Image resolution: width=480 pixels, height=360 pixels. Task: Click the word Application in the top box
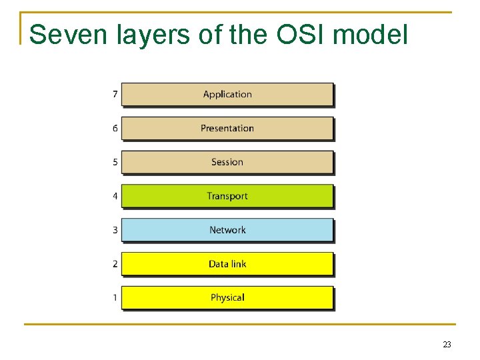tap(227, 95)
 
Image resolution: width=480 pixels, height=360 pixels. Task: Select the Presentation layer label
tap(227, 128)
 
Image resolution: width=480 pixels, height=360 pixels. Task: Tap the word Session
tap(227, 162)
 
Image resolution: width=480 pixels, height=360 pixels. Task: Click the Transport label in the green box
tap(227, 196)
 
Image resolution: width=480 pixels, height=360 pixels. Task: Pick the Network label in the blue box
tap(227, 230)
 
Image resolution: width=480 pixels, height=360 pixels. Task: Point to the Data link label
tap(227, 264)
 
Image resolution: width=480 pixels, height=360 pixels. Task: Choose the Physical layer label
tap(227, 297)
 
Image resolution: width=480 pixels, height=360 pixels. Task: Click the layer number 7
tap(115, 95)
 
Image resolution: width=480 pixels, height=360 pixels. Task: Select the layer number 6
tap(115, 128)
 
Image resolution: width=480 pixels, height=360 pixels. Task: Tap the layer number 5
tap(115, 162)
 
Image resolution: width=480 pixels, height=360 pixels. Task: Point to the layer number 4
tap(115, 196)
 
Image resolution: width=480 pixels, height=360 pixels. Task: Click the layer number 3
tap(115, 230)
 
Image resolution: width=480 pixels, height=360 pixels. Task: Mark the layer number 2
tap(115, 264)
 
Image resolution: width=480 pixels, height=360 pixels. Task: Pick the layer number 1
tap(115, 297)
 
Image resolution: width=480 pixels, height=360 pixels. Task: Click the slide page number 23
tap(447, 345)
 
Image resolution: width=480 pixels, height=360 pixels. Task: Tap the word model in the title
tap(373, 35)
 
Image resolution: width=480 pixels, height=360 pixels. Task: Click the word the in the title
tap(248, 35)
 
